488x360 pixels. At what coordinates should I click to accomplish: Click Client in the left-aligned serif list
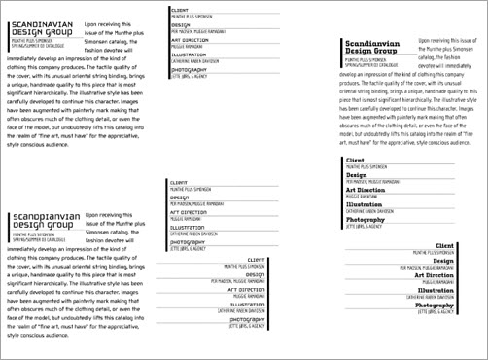click(x=356, y=160)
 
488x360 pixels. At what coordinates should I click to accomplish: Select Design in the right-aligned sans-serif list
click(x=257, y=274)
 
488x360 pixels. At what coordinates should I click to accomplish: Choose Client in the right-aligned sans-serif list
click(x=257, y=260)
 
